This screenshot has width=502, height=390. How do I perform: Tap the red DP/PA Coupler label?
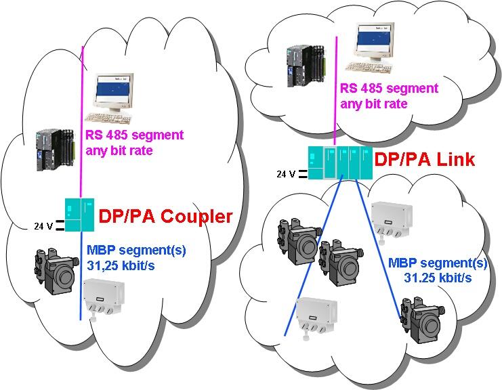pos(165,217)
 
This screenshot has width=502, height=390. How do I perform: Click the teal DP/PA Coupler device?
pos(81,213)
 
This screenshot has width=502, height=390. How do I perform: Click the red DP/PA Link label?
pos(425,160)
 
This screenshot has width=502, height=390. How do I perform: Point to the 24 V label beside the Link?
pos(286,173)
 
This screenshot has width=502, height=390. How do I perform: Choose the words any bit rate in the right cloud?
pos(373,104)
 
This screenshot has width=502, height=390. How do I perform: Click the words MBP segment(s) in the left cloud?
pos(136,249)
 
